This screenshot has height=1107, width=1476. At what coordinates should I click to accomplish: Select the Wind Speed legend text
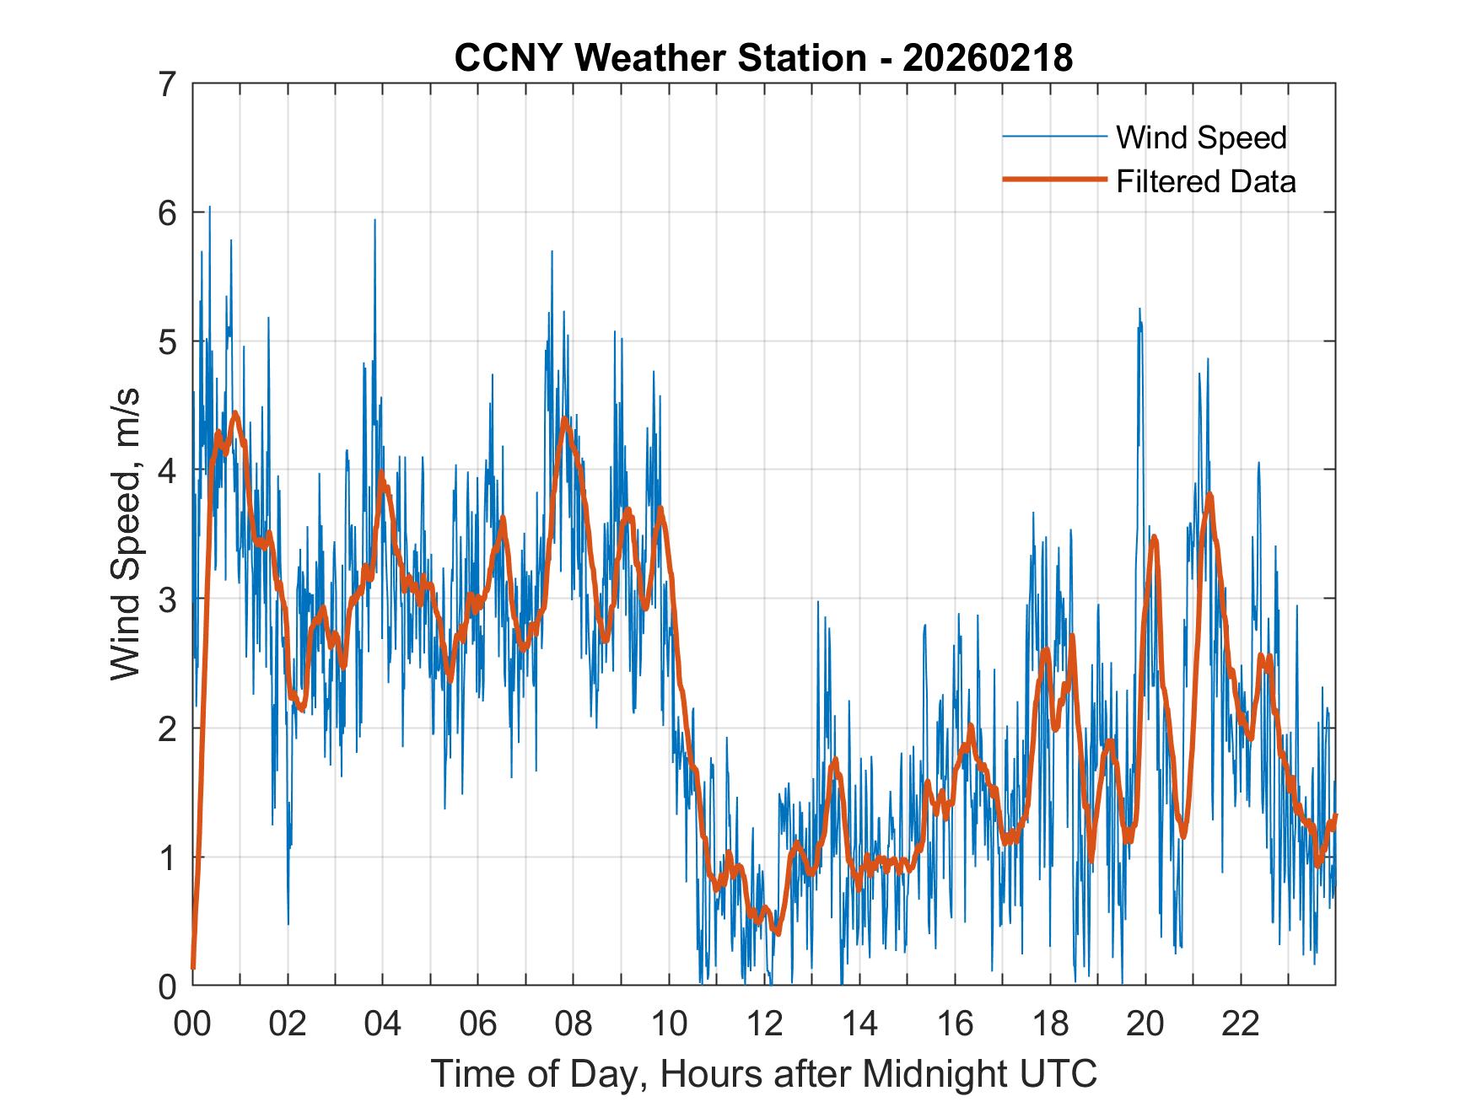(x=1201, y=137)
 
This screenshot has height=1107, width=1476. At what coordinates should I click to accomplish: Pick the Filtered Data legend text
(x=1205, y=181)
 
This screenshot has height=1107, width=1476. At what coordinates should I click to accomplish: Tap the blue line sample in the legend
(x=1053, y=137)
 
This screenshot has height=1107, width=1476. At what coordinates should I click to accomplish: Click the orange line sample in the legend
(x=1053, y=180)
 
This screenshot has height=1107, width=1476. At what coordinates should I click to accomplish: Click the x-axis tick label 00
(x=192, y=1024)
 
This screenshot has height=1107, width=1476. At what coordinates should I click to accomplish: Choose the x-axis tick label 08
(x=574, y=1024)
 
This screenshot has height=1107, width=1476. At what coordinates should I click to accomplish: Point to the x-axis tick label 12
(x=764, y=1024)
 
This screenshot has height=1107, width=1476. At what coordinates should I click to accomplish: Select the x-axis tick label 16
(x=955, y=1024)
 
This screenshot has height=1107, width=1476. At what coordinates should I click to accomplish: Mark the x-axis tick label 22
(x=1241, y=1024)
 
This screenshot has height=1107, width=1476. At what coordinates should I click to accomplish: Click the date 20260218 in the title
(x=988, y=58)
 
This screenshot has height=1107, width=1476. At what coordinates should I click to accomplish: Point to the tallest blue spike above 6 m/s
(x=209, y=207)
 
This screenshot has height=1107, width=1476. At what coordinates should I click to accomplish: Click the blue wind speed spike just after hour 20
(x=1139, y=310)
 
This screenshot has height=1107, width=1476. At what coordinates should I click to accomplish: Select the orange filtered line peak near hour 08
(x=564, y=418)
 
